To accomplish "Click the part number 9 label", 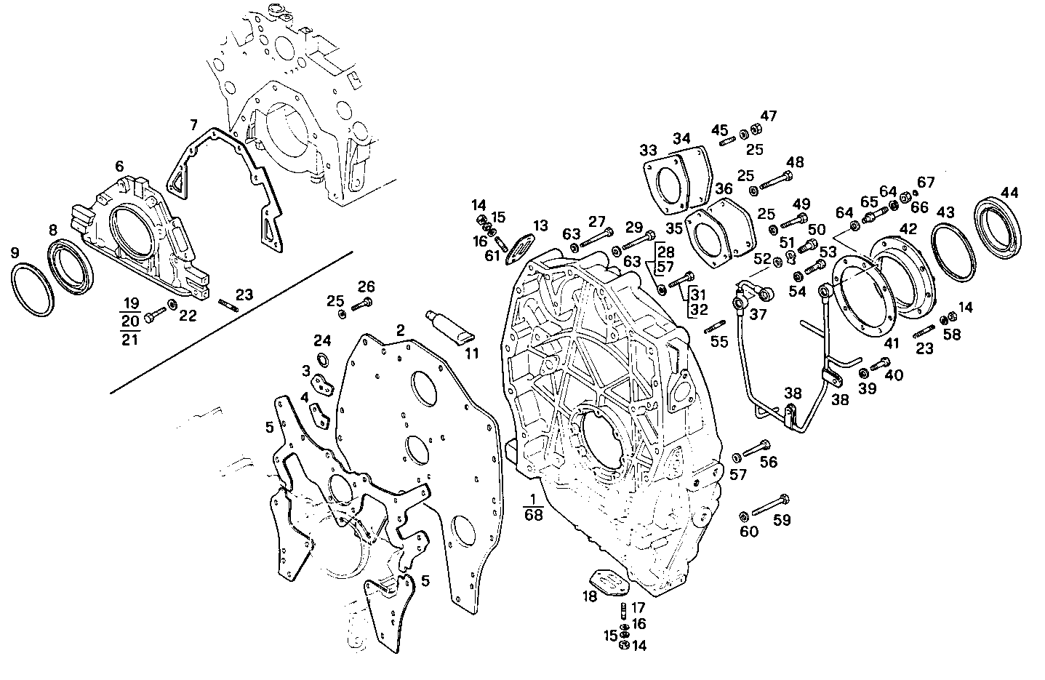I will point(15,253).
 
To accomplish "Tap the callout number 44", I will point(1009,193).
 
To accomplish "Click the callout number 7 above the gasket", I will point(193,124).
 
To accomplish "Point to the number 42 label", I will point(908,228).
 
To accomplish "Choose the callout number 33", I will point(648,151).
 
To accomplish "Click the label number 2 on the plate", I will point(400,330).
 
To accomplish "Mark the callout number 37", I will point(758,313).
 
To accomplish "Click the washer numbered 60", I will point(743,516).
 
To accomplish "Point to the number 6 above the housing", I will point(119,167).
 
